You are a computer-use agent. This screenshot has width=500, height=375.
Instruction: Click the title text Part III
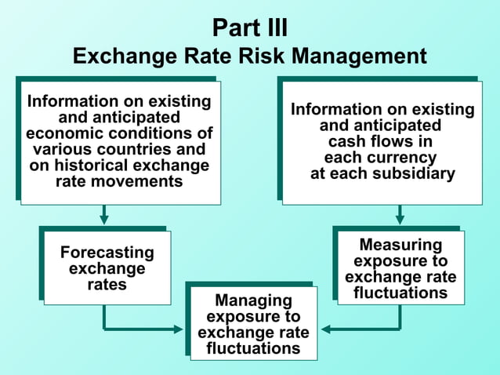250,27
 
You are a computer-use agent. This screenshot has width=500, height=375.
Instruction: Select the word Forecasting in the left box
107,253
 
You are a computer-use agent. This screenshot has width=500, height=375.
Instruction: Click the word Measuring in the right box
400,245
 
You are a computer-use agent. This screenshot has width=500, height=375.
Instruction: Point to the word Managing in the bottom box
253,300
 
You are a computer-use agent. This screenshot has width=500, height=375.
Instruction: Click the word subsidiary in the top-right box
414,173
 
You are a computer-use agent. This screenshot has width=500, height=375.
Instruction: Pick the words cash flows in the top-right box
380,142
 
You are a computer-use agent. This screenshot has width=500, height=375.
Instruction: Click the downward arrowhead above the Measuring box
400,220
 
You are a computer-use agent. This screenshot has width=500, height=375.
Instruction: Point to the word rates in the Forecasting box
107,285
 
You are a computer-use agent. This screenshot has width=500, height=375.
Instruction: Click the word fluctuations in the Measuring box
400,293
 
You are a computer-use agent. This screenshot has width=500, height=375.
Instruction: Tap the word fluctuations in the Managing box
253,348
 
